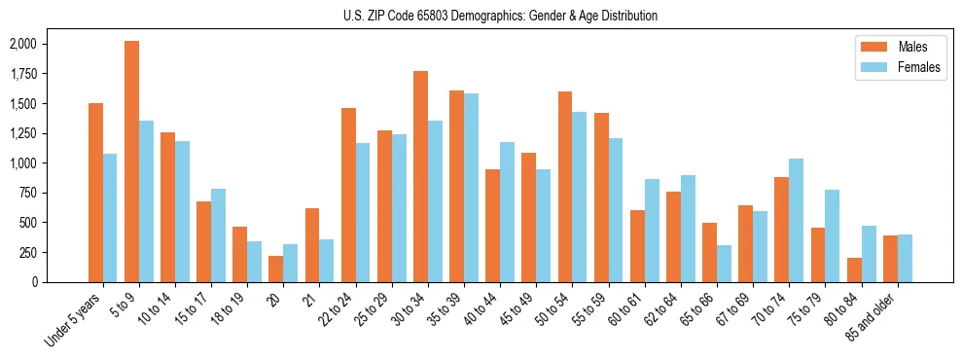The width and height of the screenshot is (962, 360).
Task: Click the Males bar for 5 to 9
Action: (x=131, y=162)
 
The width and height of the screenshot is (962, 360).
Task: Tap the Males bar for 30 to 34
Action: (x=420, y=176)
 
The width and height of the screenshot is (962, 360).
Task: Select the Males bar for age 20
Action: (x=275, y=269)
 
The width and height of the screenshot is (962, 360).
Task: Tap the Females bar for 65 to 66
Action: (x=724, y=264)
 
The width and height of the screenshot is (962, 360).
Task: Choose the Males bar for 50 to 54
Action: (x=565, y=187)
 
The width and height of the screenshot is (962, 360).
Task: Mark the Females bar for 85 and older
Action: (x=905, y=258)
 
